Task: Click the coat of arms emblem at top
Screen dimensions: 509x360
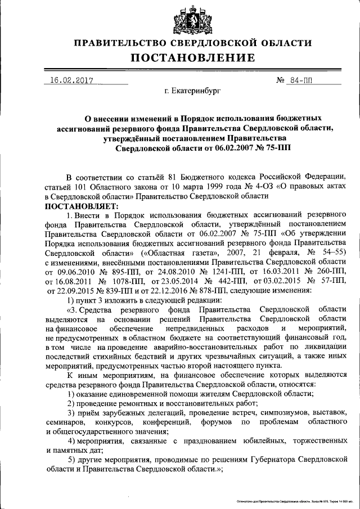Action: point(186,19)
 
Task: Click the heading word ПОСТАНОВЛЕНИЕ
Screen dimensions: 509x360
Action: point(193,57)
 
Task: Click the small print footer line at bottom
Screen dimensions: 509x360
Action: point(291,500)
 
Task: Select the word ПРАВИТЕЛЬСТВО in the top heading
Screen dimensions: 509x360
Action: point(125,43)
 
